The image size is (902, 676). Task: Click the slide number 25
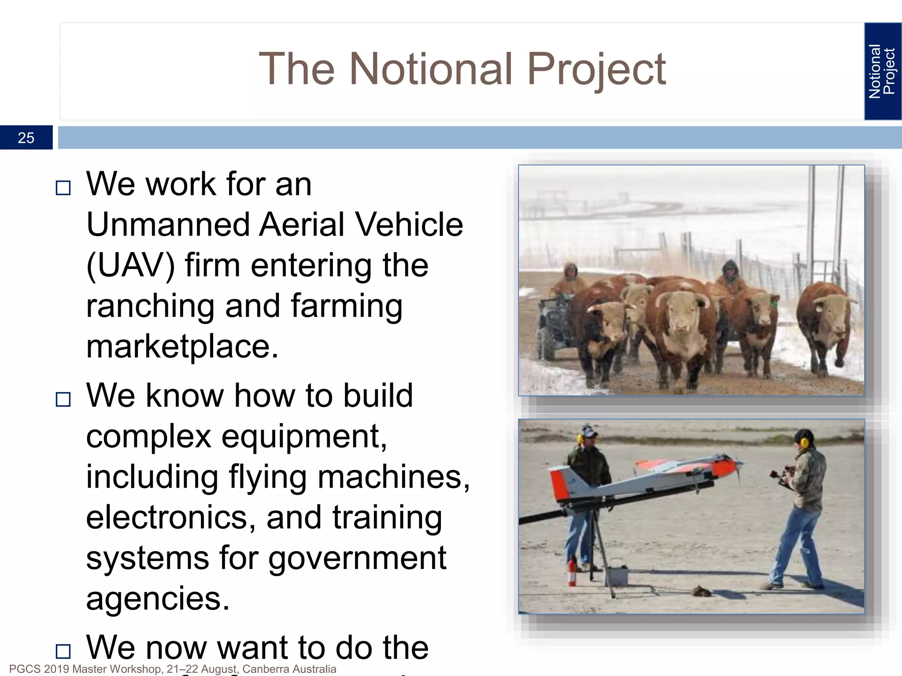pyautogui.click(x=26, y=138)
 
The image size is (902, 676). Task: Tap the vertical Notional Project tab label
pyautogui.click(x=882, y=71)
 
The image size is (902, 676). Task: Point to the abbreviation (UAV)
pyautogui.click(x=130, y=266)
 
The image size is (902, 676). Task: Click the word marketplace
pyautogui.click(x=182, y=347)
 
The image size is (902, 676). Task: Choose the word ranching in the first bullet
pyautogui.click(x=150, y=306)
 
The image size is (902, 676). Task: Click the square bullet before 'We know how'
pyautogui.click(x=63, y=399)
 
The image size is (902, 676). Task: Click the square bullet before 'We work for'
pyautogui.click(x=63, y=188)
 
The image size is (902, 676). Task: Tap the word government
pyautogui.click(x=357, y=558)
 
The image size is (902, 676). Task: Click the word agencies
pyautogui.click(x=157, y=599)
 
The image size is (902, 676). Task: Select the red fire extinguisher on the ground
pyautogui.click(x=572, y=572)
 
